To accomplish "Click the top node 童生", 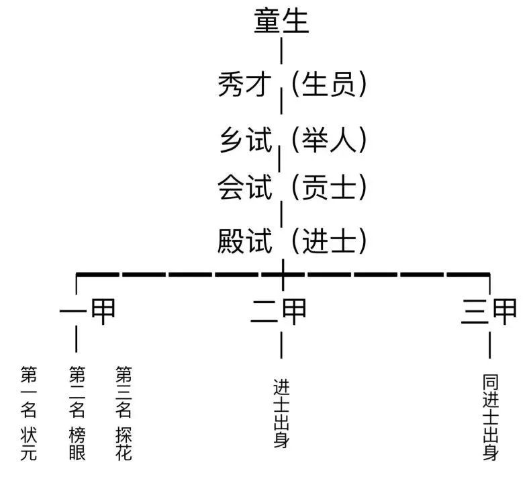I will click(281, 21).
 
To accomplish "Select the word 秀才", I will click(246, 85).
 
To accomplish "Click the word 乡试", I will click(246, 140).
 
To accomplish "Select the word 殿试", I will click(246, 240).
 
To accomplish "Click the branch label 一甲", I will click(88, 311).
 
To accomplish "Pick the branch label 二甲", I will click(280, 311).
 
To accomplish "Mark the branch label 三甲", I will click(490, 311).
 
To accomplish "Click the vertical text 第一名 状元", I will click(29, 413).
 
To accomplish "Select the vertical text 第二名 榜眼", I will click(77, 413).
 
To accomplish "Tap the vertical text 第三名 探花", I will click(124, 413).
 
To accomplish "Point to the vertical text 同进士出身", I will click(491, 417).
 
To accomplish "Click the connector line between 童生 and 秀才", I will click(281, 52).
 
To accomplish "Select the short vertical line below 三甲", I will click(491, 345).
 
